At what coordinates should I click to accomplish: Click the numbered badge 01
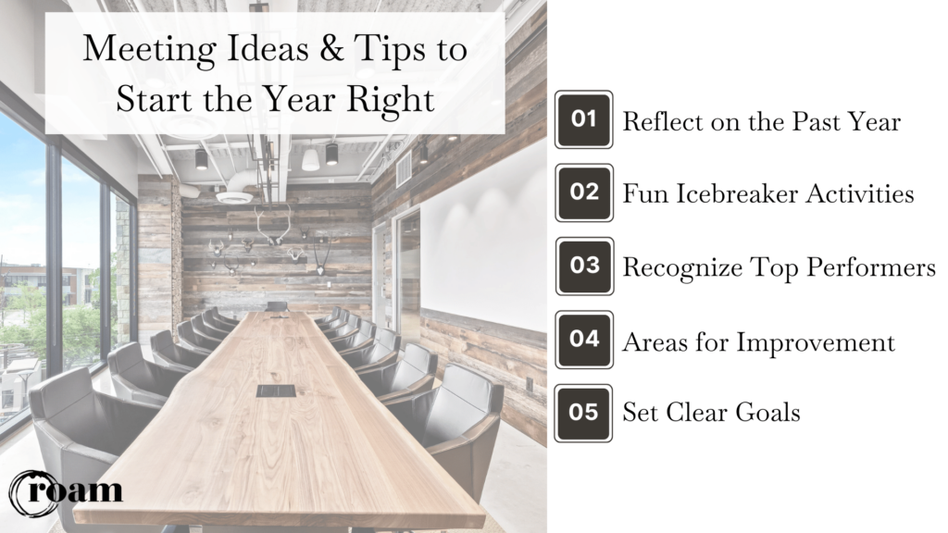[x=583, y=119]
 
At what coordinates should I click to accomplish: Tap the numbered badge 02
[x=583, y=192]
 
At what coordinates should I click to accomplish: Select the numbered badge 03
[x=583, y=266]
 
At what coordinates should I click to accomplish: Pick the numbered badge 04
[x=583, y=340]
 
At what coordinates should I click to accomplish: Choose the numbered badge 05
[x=583, y=413]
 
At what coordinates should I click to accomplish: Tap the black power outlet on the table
[x=276, y=390]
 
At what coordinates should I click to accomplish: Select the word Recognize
[x=680, y=268]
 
